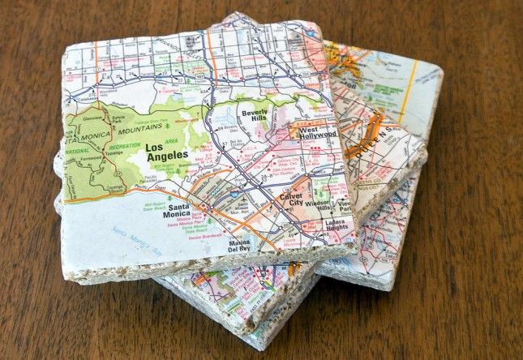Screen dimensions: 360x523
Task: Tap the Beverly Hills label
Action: pos(253,115)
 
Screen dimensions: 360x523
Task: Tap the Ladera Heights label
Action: pos(336,226)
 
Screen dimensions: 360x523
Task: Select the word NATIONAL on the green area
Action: pos(77,151)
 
